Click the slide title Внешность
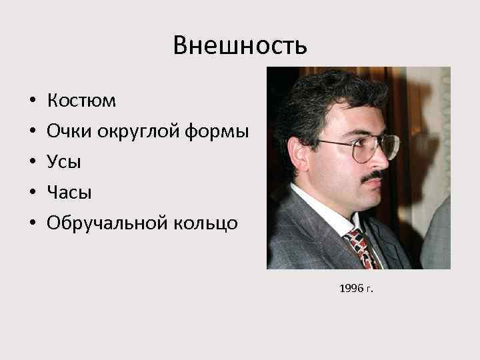coord(240,45)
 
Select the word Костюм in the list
coord(81,101)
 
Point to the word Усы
coord(63,162)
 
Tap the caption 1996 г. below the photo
coord(357,289)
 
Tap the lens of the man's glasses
coord(363,149)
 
